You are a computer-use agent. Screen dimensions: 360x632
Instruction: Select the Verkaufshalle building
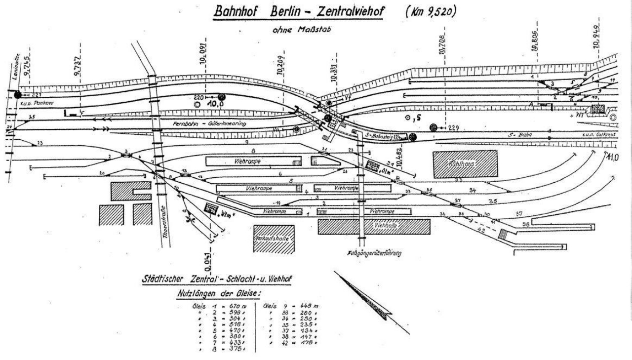tap(274, 240)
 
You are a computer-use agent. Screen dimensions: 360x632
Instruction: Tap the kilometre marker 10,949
tap(598, 35)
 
